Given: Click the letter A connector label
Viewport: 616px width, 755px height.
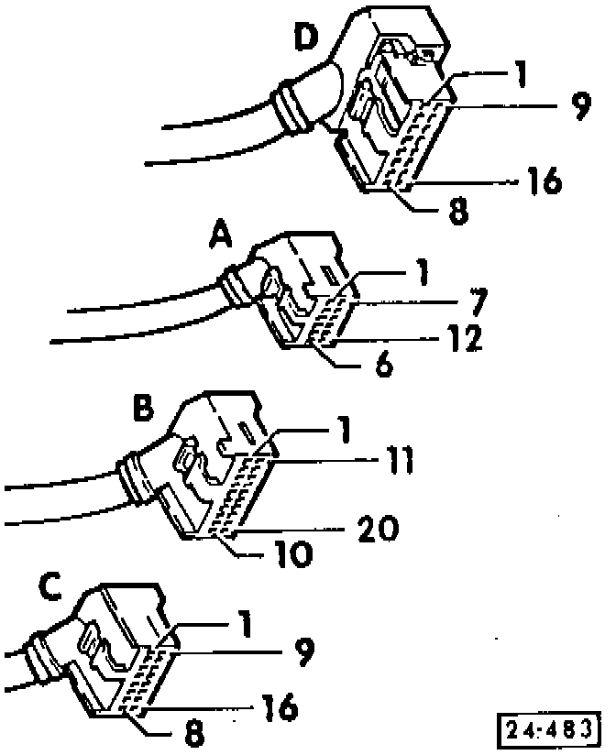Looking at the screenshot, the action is click(x=221, y=240).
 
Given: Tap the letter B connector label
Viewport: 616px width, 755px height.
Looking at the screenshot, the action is click(x=144, y=408).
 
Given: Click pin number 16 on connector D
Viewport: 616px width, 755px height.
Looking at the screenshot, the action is click(x=544, y=181).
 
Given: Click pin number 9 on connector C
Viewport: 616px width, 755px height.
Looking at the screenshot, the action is click(x=303, y=652).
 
